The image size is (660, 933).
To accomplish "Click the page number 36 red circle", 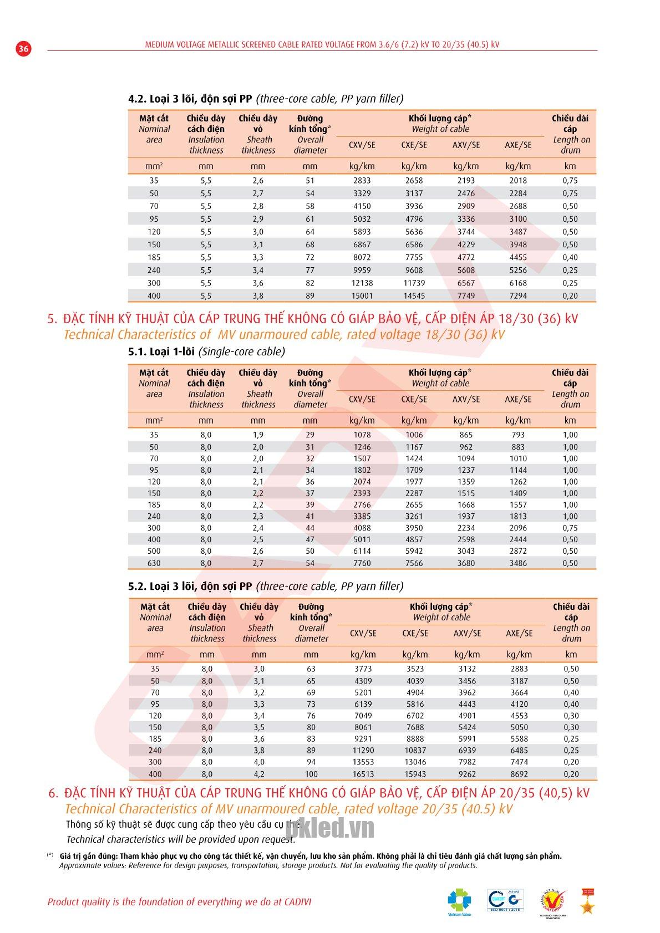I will click(23, 48).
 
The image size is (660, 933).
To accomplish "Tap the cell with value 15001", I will click(362, 296).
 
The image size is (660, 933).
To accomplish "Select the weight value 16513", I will click(363, 774).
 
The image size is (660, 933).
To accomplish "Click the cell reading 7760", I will click(362, 563).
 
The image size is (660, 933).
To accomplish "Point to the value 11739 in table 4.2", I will click(414, 283).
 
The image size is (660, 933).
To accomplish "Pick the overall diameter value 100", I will click(311, 774).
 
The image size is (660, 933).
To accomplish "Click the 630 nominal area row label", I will click(154, 563).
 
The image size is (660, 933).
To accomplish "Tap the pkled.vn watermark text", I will click(330, 829).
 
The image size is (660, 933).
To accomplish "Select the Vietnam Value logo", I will click(459, 902).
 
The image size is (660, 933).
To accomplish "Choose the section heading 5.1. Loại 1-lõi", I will click(207, 351).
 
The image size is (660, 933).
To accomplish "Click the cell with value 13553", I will click(363, 762).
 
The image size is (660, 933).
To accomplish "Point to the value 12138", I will click(362, 283).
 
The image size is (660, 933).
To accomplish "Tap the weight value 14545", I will click(414, 296).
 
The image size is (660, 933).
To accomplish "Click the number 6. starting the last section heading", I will click(53, 793).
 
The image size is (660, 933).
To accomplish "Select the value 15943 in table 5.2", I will click(415, 774).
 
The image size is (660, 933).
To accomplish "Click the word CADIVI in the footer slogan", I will click(294, 902).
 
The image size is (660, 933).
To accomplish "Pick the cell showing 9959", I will click(362, 271).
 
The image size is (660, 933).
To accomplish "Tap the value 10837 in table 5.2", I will click(415, 751).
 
